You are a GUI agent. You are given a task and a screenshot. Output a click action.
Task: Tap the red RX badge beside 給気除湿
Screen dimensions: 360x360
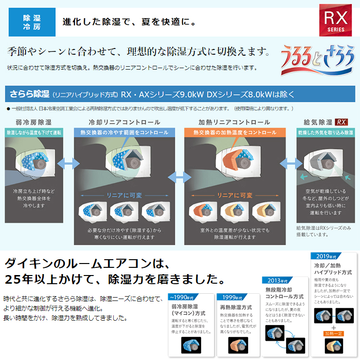click(342, 122)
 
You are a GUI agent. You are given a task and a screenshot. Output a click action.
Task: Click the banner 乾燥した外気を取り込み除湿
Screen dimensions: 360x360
click(324, 132)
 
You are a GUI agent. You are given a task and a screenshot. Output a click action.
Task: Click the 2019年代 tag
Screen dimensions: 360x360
click(324, 256)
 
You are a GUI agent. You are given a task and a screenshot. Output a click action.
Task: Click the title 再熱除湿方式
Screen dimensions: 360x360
click(235, 307)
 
